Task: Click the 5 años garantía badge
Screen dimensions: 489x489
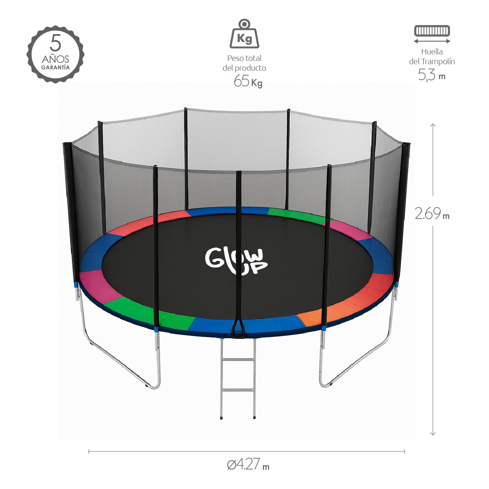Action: pyautogui.click(x=55, y=54)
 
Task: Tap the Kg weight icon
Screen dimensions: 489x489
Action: pyautogui.click(x=244, y=34)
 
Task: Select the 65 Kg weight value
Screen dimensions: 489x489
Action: pyautogui.click(x=248, y=81)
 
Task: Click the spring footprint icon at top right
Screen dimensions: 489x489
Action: pyautogui.click(x=432, y=31)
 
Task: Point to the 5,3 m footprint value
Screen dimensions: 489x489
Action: pyautogui.click(x=431, y=75)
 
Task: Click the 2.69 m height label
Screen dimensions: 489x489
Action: pyautogui.click(x=432, y=214)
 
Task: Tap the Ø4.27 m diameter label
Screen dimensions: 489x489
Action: pyautogui.click(x=248, y=464)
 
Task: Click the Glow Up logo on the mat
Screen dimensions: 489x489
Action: pyautogui.click(x=236, y=261)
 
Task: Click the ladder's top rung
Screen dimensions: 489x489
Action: pyautogui.click(x=238, y=360)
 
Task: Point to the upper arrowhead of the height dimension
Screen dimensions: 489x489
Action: pyautogui.click(x=433, y=125)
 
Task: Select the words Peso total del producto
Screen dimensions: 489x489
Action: pyautogui.click(x=244, y=63)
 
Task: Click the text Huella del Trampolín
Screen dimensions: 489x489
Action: pyautogui.click(x=432, y=56)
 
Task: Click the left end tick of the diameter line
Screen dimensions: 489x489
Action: pyautogui.click(x=89, y=451)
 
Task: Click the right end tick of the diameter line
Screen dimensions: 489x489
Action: pyautogui.click(x=404, y=451)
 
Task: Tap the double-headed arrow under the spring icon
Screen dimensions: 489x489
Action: pyautogui.click(x=432, y=41)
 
